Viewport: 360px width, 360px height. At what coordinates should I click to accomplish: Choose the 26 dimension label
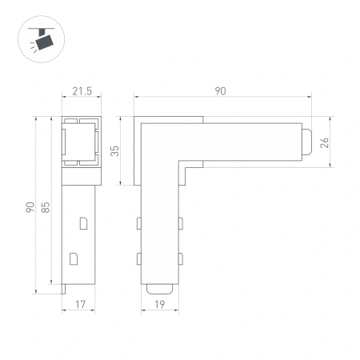click(323, 143)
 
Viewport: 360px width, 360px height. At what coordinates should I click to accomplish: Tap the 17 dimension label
click(80, 305)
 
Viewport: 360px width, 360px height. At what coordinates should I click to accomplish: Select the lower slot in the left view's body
click(74, 258)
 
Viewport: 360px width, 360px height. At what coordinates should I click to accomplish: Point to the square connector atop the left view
click(81, 142)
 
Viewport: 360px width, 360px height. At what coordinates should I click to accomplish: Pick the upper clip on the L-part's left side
click(138, 221)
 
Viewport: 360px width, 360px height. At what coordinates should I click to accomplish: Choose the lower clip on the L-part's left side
click(138, 258)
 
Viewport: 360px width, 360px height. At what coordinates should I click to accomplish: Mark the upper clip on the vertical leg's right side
click(180, 221)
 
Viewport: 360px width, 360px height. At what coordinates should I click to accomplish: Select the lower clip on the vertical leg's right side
click(180, 258)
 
